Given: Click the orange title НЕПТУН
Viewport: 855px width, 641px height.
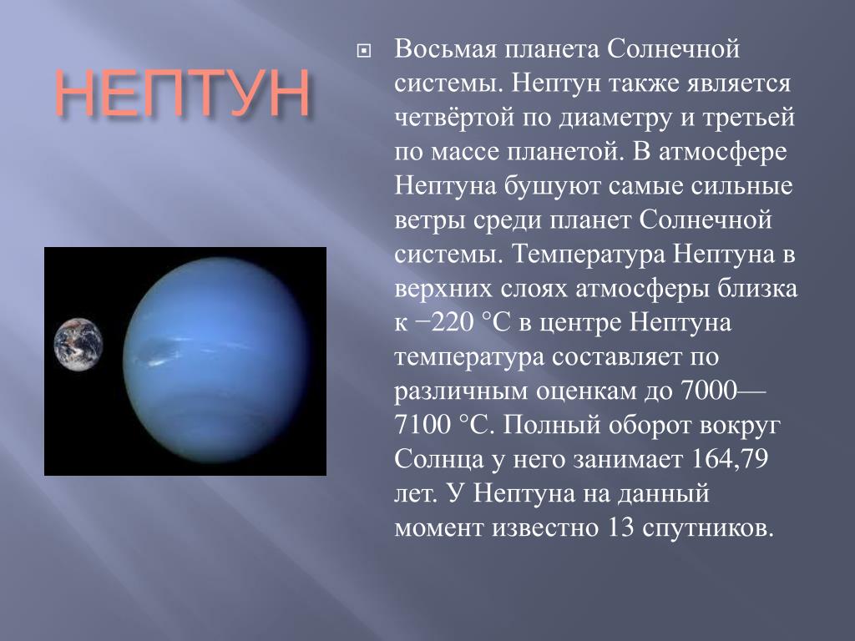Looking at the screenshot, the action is tap(183, 93).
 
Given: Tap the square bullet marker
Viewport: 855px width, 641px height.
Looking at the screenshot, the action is tap(363, 51).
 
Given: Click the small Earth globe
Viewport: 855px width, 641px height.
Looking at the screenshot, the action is tap(78, 345).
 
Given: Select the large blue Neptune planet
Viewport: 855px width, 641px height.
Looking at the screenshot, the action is tap(217, 361).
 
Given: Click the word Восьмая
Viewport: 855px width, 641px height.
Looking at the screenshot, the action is tap(446, 49).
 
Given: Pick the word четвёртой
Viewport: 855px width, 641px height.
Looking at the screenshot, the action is tap(454, 117).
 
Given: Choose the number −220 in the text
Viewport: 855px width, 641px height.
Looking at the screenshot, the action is tap(445, 323).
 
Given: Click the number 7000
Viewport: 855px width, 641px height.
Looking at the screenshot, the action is tap(709, 391).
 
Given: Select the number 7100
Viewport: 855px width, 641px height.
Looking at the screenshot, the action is tap(422, 425).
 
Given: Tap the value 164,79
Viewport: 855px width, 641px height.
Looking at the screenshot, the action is tap(730, 460).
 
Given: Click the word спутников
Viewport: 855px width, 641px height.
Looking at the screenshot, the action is tap(708, 528).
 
